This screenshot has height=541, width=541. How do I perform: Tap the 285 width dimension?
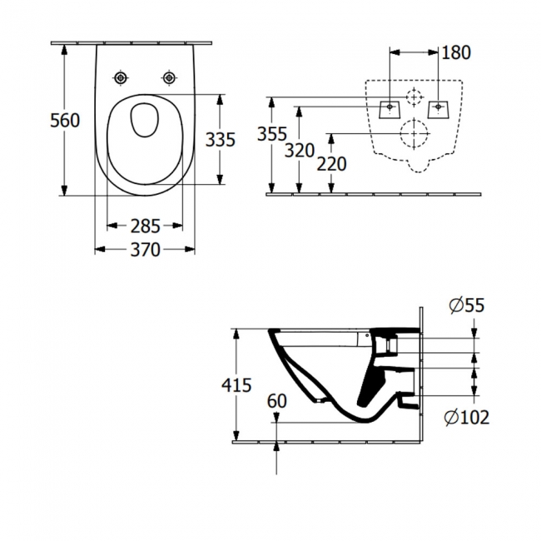coord(145,226)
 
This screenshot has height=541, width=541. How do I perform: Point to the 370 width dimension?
coord(145,250)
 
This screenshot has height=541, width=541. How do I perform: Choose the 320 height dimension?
coord(300,150)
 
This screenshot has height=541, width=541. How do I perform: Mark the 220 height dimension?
coord(332,164)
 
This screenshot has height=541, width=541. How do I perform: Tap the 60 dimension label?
coord(277,400)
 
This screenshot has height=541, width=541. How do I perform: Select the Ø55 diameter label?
coord(465,306)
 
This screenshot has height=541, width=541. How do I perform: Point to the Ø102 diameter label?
coord(467,417)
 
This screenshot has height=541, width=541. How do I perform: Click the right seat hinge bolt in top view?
coord(170,77)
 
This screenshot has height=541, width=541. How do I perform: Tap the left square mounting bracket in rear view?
coord(390,108)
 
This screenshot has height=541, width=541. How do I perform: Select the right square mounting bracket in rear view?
coord(438,108)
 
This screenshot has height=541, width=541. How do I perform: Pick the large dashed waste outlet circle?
coord(414,133)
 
